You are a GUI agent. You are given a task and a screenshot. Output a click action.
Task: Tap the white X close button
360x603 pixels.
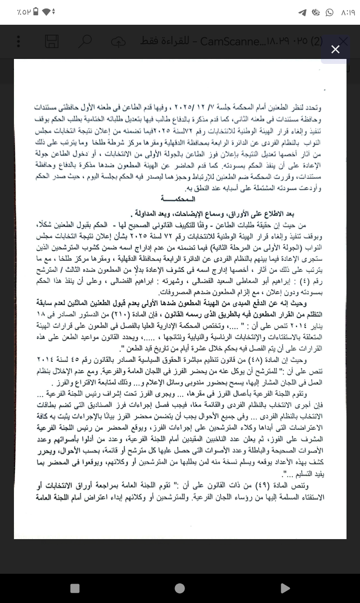tap(335, 49)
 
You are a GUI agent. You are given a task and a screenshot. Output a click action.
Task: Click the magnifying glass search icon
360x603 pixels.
tap(85, 42)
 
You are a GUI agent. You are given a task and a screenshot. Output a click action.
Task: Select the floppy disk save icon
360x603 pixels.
tap(52, 42)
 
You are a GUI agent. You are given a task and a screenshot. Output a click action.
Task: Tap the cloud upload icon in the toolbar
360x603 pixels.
tap(118, 42)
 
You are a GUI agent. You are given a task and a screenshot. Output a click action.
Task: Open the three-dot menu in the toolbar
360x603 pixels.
tap(18, 42)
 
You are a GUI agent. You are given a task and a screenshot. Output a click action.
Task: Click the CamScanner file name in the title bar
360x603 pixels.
tap(261, 42)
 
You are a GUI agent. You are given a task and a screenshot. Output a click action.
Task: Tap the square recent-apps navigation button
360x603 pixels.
tap(75, 588)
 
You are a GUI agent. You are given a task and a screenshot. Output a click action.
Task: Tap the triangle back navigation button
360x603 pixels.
tap(284, 588)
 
